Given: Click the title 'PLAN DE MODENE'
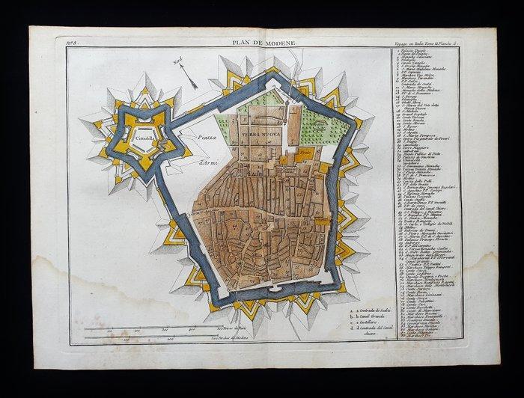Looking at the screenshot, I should [x=262, y=46].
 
